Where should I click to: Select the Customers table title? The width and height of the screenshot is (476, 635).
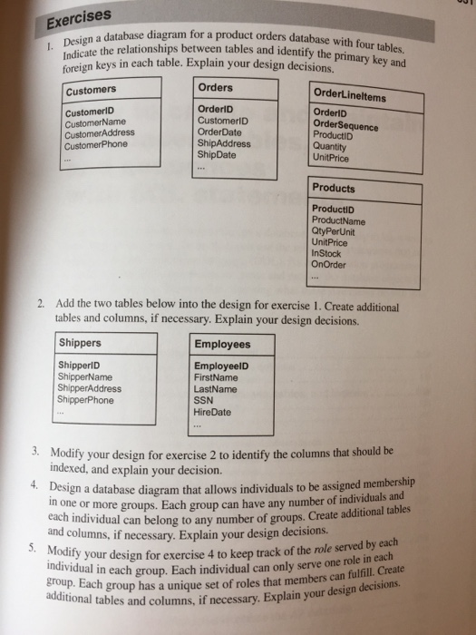[x=91, y=90]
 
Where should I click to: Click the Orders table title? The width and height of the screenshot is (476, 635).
[x=215, y=88]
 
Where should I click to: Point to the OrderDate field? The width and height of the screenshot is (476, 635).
[x=219, y=131]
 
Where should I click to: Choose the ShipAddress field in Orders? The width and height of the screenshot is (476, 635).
[x=222, y=142]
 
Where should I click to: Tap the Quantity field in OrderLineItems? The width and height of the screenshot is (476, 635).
[x=330, y=145]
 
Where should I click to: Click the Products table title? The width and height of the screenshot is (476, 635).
[x=334, y=189]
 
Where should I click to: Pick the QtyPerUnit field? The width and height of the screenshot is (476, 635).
[x=335, y=230]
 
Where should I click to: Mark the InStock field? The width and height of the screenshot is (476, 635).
[x=327, y=252]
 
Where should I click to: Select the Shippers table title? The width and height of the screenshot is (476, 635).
[x=81, y=344]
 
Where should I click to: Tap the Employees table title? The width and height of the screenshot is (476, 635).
[x=222, y=345]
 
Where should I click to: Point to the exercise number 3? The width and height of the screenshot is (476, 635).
[x=34, y=451]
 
